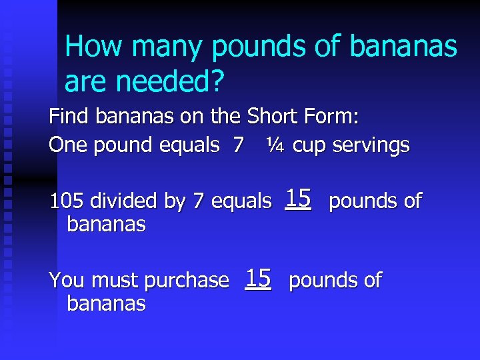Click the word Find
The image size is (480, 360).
(x=69, y=117)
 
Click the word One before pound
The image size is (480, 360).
(x=68, y=145)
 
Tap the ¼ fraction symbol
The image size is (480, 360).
(x=274, y=145)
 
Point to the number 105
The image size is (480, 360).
(x=67, y=200)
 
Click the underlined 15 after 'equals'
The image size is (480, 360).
(x=298, y=198)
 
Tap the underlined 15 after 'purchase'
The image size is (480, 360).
(x=257, y=278)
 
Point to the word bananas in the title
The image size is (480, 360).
(x=403, y=48)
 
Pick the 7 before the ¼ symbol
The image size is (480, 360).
(x=238, y=145)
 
